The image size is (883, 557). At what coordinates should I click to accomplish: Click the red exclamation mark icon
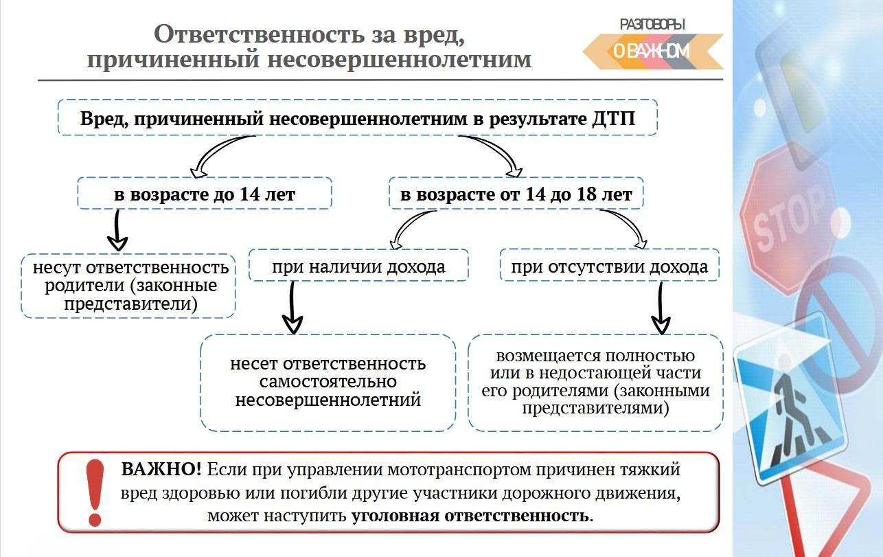(x=95, y=492)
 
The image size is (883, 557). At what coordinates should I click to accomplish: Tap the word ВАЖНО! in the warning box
(x=161, y=469)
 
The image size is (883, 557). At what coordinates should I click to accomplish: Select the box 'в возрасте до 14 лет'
(x=205, y=193)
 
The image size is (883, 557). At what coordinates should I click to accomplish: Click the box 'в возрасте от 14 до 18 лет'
(x=516, y=193)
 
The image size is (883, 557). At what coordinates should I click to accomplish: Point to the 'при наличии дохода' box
(x=358, y=265)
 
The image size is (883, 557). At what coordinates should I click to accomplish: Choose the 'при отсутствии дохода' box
(x=610, y=265)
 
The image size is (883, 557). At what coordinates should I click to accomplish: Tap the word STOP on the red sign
(x=788, y=219)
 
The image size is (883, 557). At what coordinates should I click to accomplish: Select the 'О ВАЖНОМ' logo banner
(x=653, y=52)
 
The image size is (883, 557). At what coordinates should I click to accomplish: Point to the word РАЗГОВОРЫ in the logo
(x=652, y=25)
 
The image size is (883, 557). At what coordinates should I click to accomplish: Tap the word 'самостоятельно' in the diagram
(x=328, y=382)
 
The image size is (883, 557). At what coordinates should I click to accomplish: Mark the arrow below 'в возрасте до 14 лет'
(x=117, y=231)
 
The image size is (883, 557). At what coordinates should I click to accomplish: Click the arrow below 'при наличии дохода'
(x=292, y=308)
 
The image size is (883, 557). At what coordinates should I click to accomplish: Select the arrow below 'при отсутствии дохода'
(x=661, y=308)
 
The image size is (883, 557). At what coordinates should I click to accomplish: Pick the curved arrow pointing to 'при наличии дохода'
(x=406, y=227)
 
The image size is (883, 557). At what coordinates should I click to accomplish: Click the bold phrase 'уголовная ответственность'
(x=472, y=516)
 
